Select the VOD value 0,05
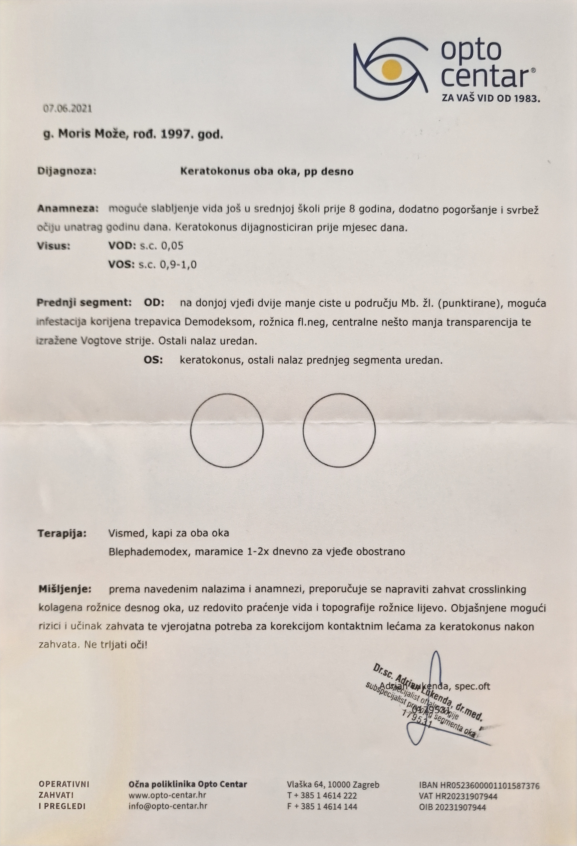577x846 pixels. (x=172, y=246)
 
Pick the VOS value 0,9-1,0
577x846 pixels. (x=178, y=265)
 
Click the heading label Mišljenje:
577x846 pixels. (x=65, y=589)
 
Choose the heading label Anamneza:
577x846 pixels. (x=68, y=209)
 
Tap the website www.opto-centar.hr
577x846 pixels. (x=167, y=795)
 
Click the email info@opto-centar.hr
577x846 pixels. (x=168, y=806)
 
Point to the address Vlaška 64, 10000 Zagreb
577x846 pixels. (x=333, y=784)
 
